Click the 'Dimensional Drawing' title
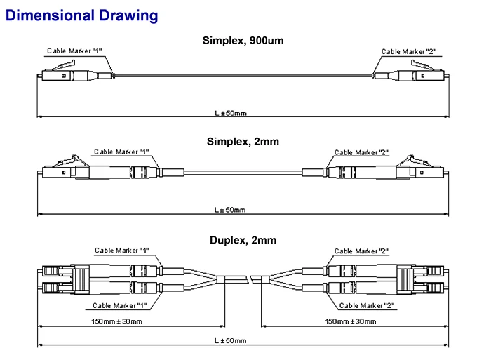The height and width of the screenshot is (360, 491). pos(81,15)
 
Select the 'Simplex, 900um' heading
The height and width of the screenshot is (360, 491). pos(243,41)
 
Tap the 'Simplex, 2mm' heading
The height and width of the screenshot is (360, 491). pos(243,142)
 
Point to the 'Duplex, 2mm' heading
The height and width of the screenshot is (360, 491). pos(243,240)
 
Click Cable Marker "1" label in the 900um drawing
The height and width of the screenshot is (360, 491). pos(74,51)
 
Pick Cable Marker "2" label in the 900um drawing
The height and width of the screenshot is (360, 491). pos(408,51)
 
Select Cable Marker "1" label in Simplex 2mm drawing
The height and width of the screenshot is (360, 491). pos(121,152)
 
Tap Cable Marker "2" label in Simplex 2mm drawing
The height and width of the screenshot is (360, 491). pos(361,152)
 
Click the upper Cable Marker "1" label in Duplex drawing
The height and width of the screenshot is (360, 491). pos(121,251)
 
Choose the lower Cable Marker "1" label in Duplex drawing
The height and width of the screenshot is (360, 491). pos(120,305)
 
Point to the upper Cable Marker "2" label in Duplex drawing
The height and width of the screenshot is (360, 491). pos(361,251)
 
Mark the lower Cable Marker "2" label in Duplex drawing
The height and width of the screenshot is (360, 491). pos(366,305)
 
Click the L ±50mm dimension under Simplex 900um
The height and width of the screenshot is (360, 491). pos(231,113)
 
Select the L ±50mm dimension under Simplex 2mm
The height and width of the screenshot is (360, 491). pos(230,210)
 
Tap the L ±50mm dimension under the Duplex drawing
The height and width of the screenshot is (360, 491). pos(231,340)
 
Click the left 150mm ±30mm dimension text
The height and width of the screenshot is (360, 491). pos(117,321)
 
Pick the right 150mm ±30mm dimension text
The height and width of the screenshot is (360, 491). pos(351,321)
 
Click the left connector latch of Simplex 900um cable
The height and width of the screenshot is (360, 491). pos(62,66)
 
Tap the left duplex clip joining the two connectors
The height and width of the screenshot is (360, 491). pos(81,279)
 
